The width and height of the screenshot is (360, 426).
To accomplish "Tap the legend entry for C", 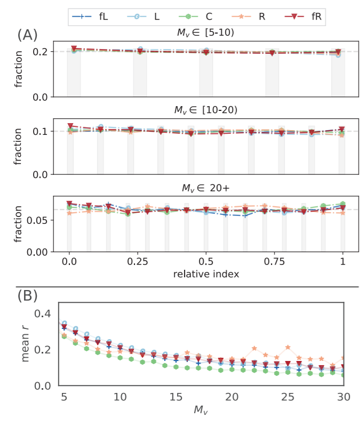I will click(200, 17).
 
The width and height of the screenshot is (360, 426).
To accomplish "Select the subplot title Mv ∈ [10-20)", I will click(206, 111).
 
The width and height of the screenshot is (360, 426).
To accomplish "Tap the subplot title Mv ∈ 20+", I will click(206, 188).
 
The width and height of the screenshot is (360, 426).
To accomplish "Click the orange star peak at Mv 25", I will click(288, 347).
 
